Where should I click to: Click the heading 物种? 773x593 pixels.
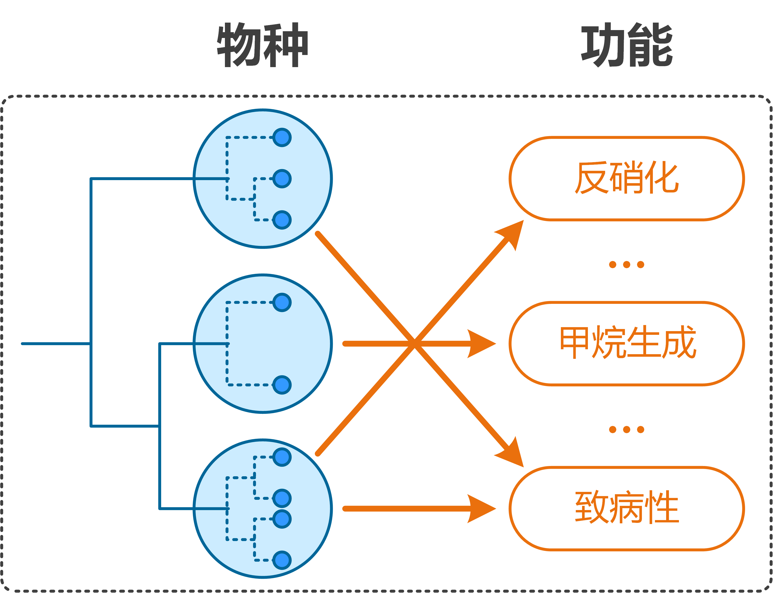pyautogui.click(x=263, y=45)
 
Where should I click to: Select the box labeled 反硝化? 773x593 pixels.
pyautogui.click(x=627, y=179)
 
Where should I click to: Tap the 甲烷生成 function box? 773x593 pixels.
pyautogui.click(x=627, y=343)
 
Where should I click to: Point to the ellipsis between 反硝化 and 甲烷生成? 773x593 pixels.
pyautogui.click(x=627, y=265)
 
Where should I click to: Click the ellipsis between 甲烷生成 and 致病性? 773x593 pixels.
pyautogui.click(x=627, y=430)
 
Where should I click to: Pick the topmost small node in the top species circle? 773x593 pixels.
pyautogui.click(x=282, y=137)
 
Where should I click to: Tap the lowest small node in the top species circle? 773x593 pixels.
pyautogui.click(x=282, y=220)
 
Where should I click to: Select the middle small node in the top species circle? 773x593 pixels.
pyautogui.click(x=282, y=179)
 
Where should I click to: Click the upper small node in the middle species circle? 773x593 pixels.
pyautogui.click(x=282, y=302)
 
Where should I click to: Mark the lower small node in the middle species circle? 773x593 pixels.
pyautogui.click(x=282, y=385)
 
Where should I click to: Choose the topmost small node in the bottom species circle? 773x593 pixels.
pyautogui.click(x=282, y=457)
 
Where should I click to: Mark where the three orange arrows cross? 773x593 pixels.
pyautogui.click(x=415, y=343)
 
